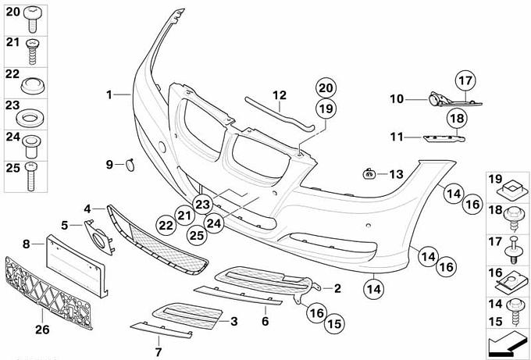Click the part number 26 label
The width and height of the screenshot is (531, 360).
tap(42, 330)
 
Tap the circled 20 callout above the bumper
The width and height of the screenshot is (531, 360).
tap(326, 88)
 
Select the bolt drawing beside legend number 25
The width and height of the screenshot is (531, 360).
tap(30, 176)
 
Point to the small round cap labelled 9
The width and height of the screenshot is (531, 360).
tap(130, 165)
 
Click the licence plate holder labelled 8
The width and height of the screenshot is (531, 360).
tap(77, 266)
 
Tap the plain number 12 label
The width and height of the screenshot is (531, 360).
tap(280, 95)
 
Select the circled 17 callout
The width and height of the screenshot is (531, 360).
tap(465, 81)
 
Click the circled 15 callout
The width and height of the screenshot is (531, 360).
tap(334, 324)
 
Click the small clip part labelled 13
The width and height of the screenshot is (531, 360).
tap(369, 173)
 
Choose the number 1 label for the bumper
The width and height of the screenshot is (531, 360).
tap(109, 94)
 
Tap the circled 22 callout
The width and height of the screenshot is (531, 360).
tap(166, 226)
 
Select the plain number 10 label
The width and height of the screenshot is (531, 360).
tap(397, 99)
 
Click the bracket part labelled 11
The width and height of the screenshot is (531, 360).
tap(444, 138)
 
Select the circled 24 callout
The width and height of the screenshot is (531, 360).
tap(214, 223)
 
